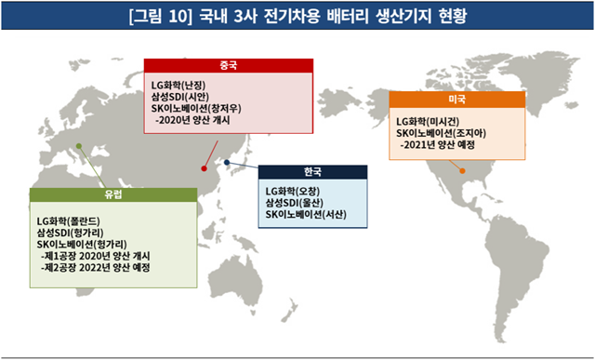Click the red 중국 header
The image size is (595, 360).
coord(228,64)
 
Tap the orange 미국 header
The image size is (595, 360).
coord(456,98)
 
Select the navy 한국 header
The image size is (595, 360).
coord(311,173)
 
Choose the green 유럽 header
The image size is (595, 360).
coord(113,194)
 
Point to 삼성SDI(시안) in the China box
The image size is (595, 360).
coord(187,96)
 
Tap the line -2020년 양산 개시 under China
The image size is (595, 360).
coord(196,120)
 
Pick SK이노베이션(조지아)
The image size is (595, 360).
coord(445,133)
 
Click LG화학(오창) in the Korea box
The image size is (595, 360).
coord(297,192)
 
